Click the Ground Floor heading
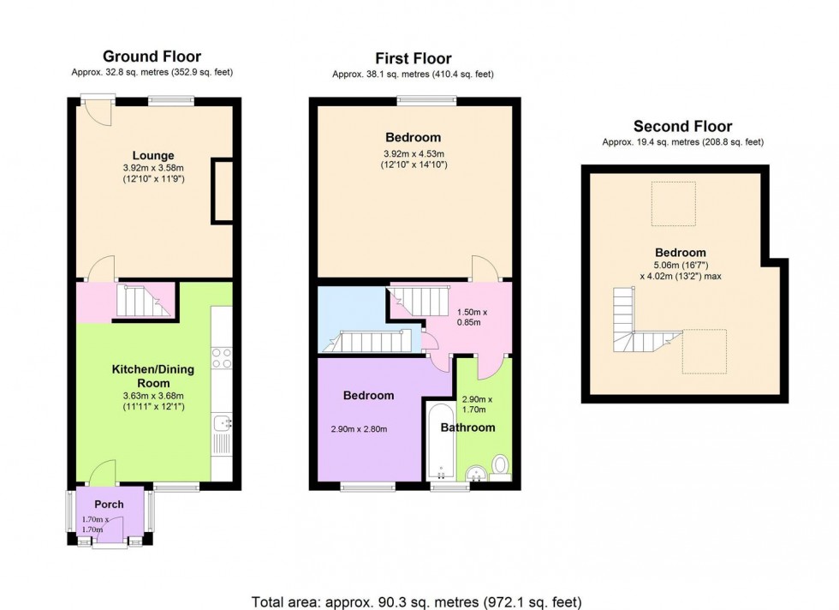152,57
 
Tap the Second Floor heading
682,127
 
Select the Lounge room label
153,155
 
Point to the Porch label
109,504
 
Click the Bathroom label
467,428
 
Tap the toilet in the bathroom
501,465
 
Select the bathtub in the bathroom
438,441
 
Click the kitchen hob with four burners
221,357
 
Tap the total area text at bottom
417,601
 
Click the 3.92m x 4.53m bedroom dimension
414,159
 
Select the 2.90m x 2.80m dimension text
359,428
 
